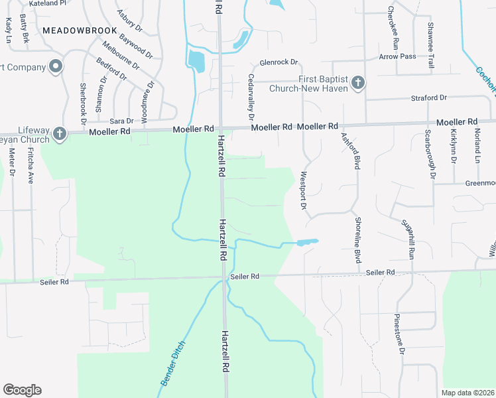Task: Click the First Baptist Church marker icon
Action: tap(357, 82)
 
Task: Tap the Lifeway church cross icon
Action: tap(59, 134)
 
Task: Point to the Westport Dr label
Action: tap(304, 192)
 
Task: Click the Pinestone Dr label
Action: tap(399, 333)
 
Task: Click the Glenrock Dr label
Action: tap(279, 62)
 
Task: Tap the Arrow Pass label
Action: tap(397, 56)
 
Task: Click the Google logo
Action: tap(22, 390)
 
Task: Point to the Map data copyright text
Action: tap(467, 393)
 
